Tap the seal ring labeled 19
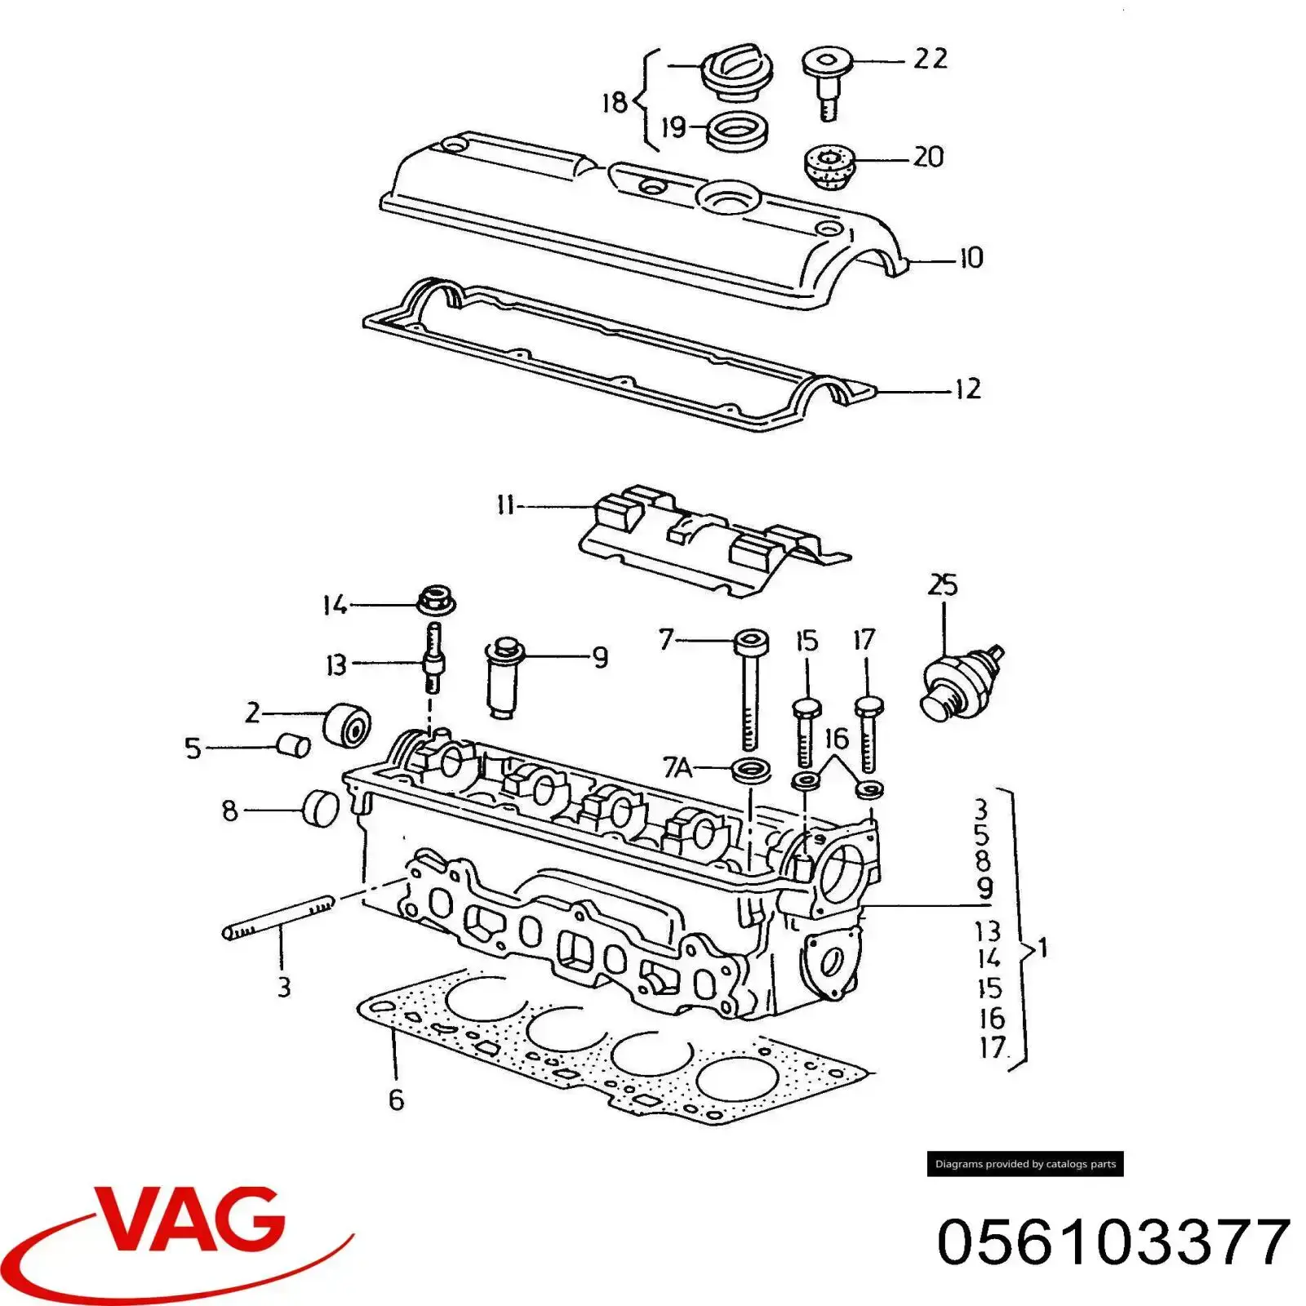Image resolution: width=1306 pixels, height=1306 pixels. (x=736, y=131)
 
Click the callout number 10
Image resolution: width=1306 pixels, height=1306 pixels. (x=971, y=258)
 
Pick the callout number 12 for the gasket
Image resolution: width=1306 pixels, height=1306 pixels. (x=967, y=389)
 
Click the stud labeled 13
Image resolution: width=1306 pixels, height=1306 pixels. (x=433, y=657)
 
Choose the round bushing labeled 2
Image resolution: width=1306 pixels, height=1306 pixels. (x=347, y=723)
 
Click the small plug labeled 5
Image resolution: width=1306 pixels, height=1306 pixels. (x=292, y=745)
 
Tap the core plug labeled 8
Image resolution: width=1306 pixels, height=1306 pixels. (x=321, y=808)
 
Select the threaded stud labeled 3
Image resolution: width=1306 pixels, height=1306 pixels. (x=278, y=918)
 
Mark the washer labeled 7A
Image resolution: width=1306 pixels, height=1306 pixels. (x=750, y=769)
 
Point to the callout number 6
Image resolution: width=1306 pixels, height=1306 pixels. (x=396, y=1099)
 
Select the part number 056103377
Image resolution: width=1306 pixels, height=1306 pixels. (x=1114, y=1242)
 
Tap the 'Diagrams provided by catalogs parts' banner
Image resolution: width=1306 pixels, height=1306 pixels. (x=1025, y=1164)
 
